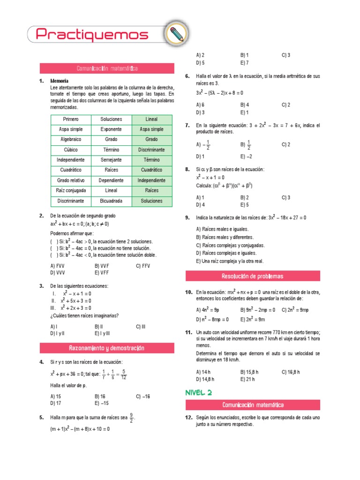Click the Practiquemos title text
(x=92, y=34)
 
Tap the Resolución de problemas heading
(x=253, y=276)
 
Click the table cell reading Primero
(x=71, y=119)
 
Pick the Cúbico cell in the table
(x=71, y=150)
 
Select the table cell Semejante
(x=111, y=160)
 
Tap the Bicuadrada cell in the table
(x=111, y=201)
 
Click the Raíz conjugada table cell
(x=71, y=190)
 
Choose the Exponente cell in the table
(x=111, y=129)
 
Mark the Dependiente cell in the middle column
(x=111, y=180)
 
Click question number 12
(x=189, y=417)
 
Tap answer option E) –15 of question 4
(x=102, y=403)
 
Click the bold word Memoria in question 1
(x=59, y=81)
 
